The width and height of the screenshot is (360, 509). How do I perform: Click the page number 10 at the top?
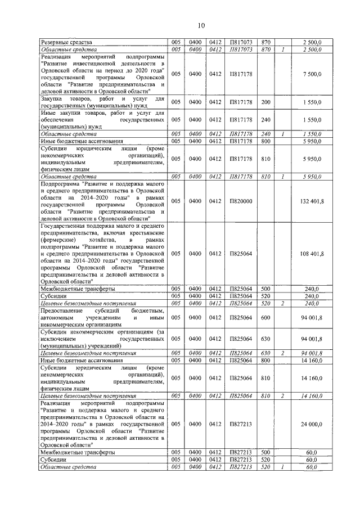[x=201, y=24]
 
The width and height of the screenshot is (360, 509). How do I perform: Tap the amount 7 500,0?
[x=311, y=73]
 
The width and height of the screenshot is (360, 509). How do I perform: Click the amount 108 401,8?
[x=309, y=254]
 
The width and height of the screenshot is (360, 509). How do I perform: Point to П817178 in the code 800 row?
[x=240, y=141]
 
